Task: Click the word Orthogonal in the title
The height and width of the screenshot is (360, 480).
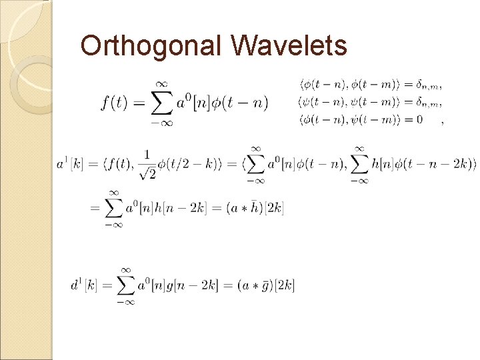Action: [x=152, y=46]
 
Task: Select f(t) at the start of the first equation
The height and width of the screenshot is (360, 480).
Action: [x=115, y=102]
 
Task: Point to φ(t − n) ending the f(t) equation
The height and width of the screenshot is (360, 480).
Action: [x=241, y=102]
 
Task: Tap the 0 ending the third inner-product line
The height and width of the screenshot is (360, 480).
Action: [x=419, y=120]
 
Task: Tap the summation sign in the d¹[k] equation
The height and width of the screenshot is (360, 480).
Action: [x=125, y=285]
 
